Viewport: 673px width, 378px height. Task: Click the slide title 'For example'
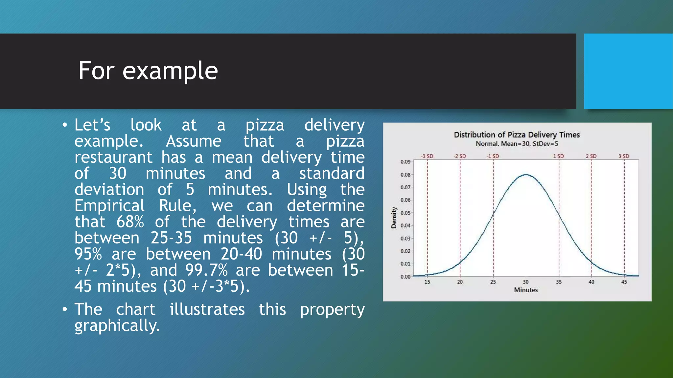click(148, 71)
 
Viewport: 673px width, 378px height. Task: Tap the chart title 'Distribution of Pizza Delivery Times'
click(517, 135)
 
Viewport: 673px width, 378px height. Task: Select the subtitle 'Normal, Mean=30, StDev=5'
click(517, 144)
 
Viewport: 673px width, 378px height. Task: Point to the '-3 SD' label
click(427, 156)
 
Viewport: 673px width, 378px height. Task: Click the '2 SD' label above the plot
click(591, 156)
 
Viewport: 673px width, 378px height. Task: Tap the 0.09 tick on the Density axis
click(405, 162)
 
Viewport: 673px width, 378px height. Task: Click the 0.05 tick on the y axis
click(405, 213)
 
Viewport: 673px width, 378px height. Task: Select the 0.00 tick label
click(405, 277)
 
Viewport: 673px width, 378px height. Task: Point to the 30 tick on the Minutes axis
click(526, 282)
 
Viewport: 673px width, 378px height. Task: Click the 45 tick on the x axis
click(624, 282)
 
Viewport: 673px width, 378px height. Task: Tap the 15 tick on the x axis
click(427, 282)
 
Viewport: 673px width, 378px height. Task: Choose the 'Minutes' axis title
click(526, 290)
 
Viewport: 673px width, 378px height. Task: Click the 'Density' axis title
click(394, 218)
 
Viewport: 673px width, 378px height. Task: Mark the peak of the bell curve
click(526, 175)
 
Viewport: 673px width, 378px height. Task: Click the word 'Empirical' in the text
click(109, 206)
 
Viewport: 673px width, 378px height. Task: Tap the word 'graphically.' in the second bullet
click(117, 325)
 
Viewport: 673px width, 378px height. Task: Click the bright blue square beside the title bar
click(628, 71)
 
